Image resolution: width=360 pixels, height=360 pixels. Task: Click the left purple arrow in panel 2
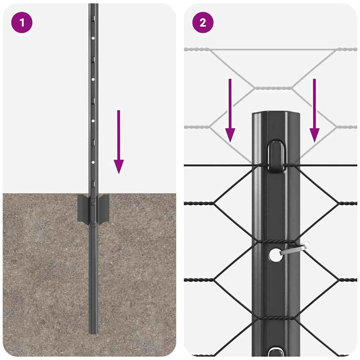coord(230,110)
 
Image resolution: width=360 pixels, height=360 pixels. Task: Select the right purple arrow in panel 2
coord(314,110)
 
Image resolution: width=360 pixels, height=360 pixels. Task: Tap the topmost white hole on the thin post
coord(93,38)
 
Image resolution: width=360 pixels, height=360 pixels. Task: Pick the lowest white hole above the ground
coord(93,161)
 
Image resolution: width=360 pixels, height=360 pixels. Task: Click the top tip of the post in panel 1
coord(93,6)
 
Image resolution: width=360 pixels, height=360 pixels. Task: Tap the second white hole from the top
coord(93,79)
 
